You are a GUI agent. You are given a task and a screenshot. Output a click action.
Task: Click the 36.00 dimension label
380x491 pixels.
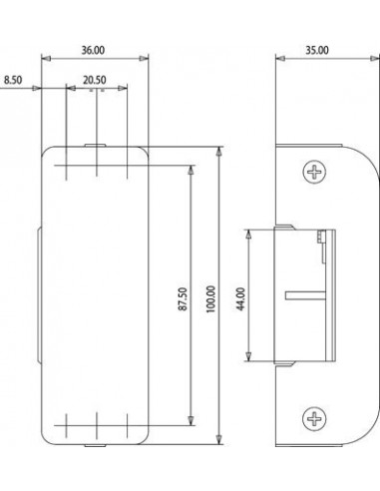pyautogui.click(x=93, y=50)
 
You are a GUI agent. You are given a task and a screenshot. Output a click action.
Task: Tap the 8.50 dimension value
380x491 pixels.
pyautogui.click(x=13, y=80)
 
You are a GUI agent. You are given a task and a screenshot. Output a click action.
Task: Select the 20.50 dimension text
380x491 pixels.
pyautogui.click(x=95, y=80)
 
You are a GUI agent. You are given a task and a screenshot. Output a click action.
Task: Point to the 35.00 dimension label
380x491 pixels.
pyautogui.click(x=317, y=50)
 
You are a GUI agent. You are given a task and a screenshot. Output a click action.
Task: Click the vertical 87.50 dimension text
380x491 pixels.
pyautogui.click(x=183, y=299)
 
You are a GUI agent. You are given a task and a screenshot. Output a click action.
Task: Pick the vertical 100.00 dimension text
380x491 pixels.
pyautogui.click(x=210, y=299)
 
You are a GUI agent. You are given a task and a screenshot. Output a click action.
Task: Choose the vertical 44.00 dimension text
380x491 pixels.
pyautogui.click(x=240, y=299)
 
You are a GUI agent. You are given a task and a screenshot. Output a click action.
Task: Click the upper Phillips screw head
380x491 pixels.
pyautogui.click(x=314, y=172)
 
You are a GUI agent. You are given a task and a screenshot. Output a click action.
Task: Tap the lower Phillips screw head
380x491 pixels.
pyautogui.click(x=314, y=418)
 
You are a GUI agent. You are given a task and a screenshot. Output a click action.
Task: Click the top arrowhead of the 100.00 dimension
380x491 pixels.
pyautogui.click(x=218, y=152)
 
